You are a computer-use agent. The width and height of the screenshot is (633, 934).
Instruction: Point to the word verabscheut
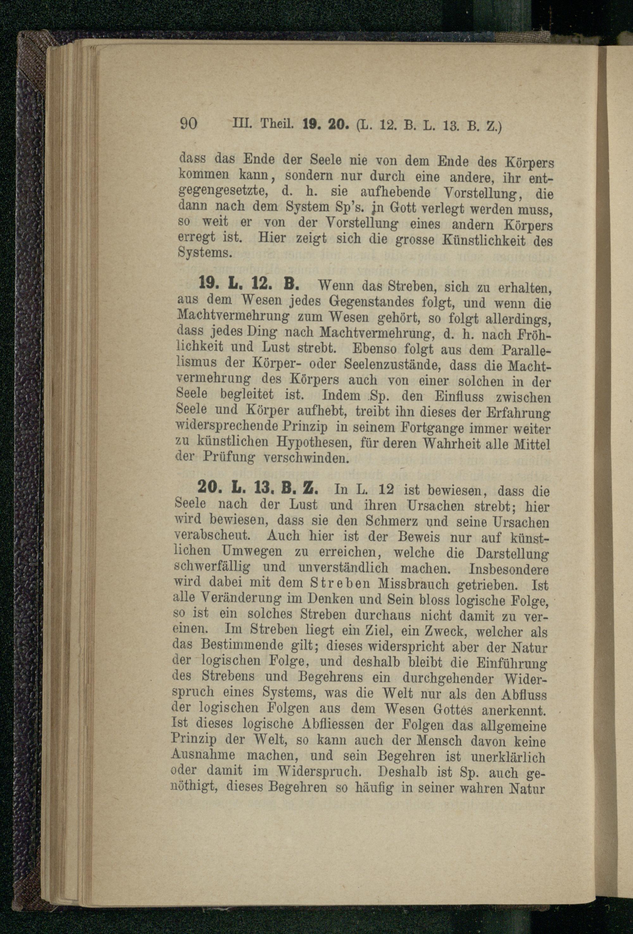tap(207, 537)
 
